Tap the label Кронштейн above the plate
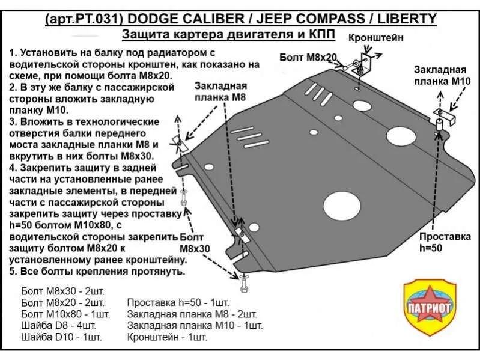pos(376,38)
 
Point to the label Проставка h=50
pos(445,242)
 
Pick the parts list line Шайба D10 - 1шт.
pos(61,337)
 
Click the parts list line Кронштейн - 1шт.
pos(167,337)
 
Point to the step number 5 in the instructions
pos(13,272)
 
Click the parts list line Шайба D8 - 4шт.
pos(59,325)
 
